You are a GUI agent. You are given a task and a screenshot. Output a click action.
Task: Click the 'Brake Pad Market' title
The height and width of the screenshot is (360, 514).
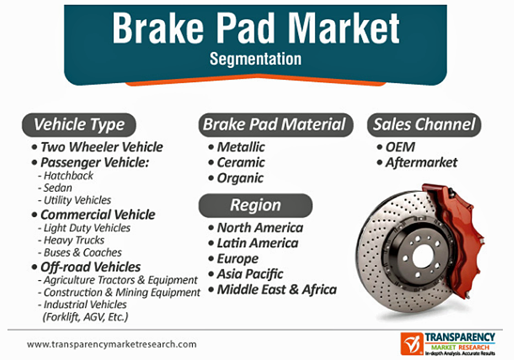[256, 28]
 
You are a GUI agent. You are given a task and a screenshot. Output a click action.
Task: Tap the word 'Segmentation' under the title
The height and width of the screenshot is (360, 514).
[255, 59]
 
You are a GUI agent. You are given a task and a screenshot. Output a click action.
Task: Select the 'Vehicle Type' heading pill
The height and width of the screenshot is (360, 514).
[79, 125]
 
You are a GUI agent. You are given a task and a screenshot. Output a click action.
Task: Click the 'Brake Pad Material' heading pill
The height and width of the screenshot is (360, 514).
[275, 125]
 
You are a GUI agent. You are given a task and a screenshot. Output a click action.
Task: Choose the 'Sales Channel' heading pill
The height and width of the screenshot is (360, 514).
[424, 125]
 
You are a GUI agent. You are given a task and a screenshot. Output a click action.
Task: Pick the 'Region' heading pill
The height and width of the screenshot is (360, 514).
[255, 206]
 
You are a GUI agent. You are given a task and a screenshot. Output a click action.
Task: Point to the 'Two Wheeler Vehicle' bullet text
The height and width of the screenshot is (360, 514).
[101, 147]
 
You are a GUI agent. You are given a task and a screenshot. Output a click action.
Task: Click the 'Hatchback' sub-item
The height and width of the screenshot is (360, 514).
[68, 176]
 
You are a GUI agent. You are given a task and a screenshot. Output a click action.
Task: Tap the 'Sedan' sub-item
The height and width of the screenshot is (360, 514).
[58, 188]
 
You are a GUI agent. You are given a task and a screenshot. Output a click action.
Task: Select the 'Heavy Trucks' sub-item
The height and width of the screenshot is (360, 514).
[74, 240]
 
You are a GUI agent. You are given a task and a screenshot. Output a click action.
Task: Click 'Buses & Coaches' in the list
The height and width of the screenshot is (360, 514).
[83, 252]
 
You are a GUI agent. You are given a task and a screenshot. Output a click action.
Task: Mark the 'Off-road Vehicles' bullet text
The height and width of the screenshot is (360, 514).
[90, 267]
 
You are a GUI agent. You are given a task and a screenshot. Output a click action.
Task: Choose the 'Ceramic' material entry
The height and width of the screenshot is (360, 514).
[241, 163]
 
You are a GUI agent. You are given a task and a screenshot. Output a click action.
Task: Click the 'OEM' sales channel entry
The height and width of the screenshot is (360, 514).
[400, 147]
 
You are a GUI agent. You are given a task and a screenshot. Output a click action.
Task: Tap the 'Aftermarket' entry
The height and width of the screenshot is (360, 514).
[421, 163]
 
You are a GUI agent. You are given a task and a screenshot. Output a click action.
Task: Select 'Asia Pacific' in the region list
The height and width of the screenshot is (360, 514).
[250, 274]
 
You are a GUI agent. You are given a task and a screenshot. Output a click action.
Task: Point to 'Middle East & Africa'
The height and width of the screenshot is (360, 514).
[277, 289]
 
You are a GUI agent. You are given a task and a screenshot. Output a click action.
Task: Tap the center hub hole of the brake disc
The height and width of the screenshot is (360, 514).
[423, 256]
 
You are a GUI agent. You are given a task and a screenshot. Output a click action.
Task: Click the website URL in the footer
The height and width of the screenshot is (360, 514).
[112, 345]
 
